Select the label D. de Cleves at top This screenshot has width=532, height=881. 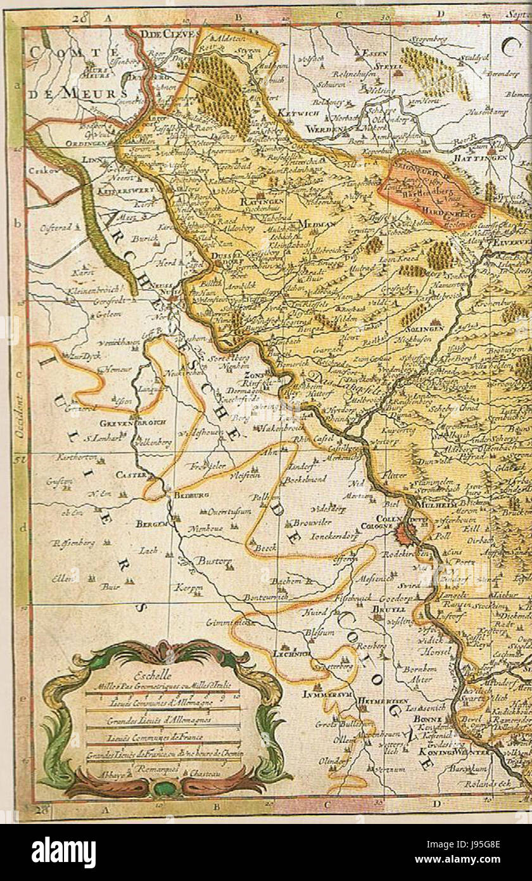(x=161, y=34)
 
